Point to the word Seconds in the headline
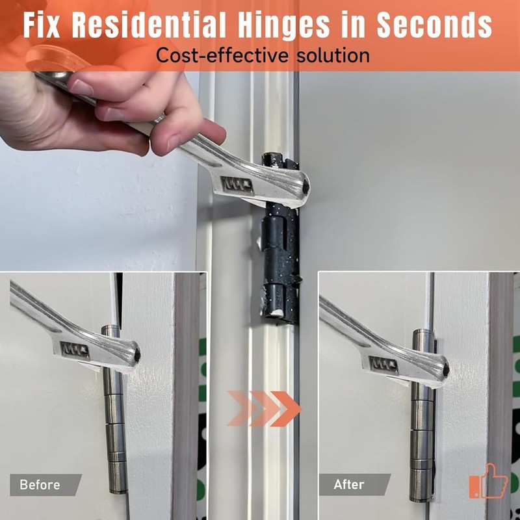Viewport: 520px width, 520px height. point(433,25)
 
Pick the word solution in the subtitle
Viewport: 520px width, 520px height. point(328,55)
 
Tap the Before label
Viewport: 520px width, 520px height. point(40,485)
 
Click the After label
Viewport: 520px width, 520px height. point(349,485)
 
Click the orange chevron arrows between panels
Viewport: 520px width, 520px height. point(264,409)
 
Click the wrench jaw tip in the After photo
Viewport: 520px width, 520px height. point(442,368)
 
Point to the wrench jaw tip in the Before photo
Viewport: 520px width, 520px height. point(133,355)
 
